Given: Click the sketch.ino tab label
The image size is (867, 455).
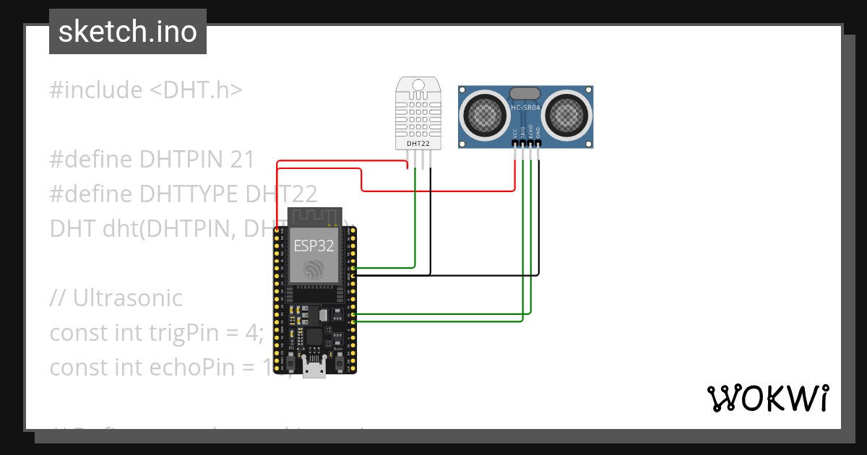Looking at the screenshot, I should tap(127, 32).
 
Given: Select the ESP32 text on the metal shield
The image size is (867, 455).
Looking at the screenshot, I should tap(314, 245).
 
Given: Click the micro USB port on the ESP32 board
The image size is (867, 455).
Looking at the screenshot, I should tap(314, 369).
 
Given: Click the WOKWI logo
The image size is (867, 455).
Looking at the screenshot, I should tap(767, 398).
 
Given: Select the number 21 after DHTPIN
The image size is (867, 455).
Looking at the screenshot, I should tap(243, 160).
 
